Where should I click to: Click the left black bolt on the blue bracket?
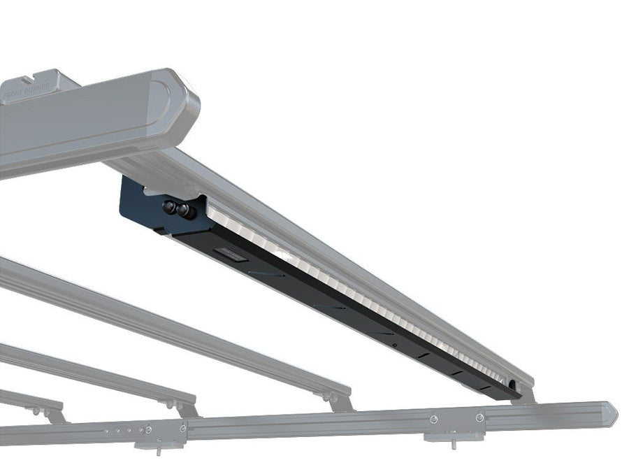click(169, 207)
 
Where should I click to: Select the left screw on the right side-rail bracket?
click(434, 418)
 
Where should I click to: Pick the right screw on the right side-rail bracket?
click(479, 417)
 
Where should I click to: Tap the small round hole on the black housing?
click(394, 345)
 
